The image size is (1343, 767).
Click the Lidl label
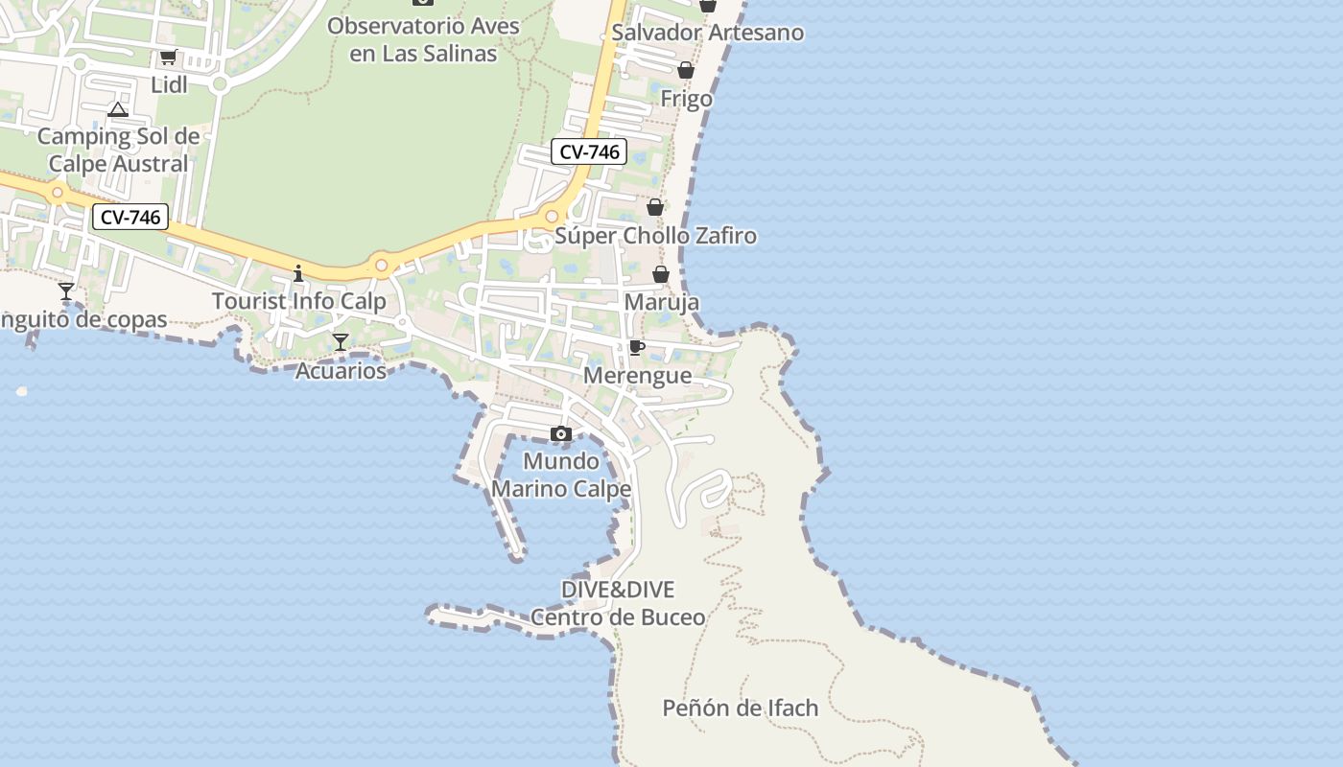[169, 84]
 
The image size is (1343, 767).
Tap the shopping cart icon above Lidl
[169, 58]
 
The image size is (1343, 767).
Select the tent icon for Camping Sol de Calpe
[118, 110]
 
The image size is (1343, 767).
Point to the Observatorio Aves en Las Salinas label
[423, 39]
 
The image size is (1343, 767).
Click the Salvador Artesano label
[708, 33]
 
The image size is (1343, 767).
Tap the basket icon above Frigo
[686, 70]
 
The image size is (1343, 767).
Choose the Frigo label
[687, 99]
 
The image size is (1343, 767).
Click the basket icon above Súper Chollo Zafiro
[655, 207]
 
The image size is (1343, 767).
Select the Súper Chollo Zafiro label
[656, 236]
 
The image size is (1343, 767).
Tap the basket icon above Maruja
[661, 275]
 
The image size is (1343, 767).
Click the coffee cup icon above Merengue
[636, 347]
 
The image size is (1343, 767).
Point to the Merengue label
[637, 376]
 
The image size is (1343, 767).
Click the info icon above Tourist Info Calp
[298, 274]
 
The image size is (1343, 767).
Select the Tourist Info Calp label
[298, 301]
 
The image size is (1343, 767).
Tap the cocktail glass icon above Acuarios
[341, 342]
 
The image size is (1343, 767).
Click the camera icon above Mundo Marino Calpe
[561, 434]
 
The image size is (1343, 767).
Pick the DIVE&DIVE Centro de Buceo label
[618, 603]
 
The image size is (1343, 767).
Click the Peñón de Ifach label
[741, 709]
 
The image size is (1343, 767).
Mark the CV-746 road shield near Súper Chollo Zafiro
[589, 151]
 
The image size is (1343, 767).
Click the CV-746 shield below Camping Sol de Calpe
[130, 218]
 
